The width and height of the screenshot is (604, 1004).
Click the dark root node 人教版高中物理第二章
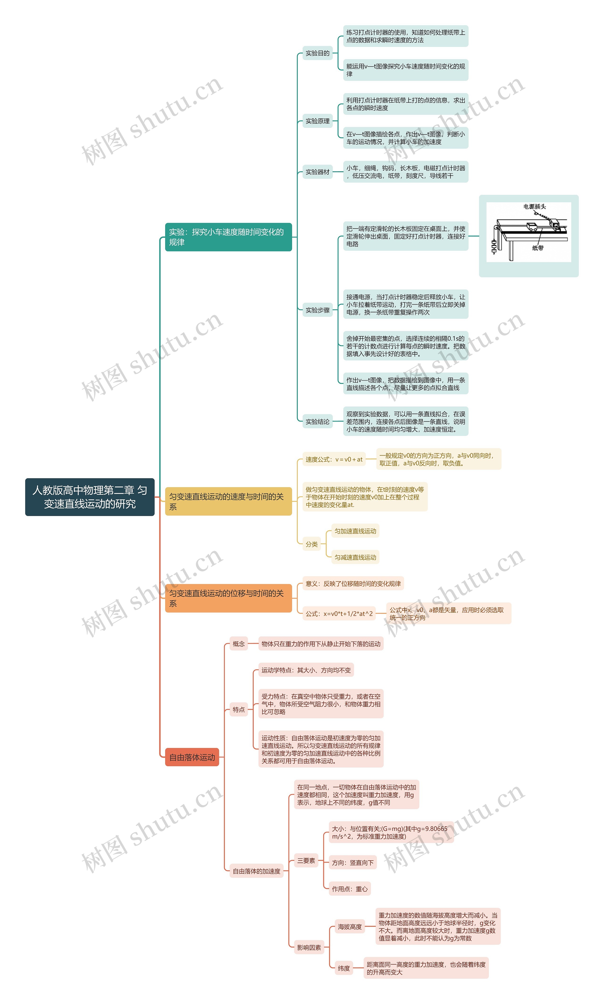90,497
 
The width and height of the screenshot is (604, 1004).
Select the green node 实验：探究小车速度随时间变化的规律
228,237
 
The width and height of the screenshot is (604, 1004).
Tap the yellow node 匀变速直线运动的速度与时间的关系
228,501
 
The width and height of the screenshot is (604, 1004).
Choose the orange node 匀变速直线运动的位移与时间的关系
228,598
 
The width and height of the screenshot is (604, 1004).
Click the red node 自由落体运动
192,757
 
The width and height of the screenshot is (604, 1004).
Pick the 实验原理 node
318,121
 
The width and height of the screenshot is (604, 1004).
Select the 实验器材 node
318,172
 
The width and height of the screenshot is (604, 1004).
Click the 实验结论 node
318,422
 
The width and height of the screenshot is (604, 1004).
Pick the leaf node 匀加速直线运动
355,531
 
